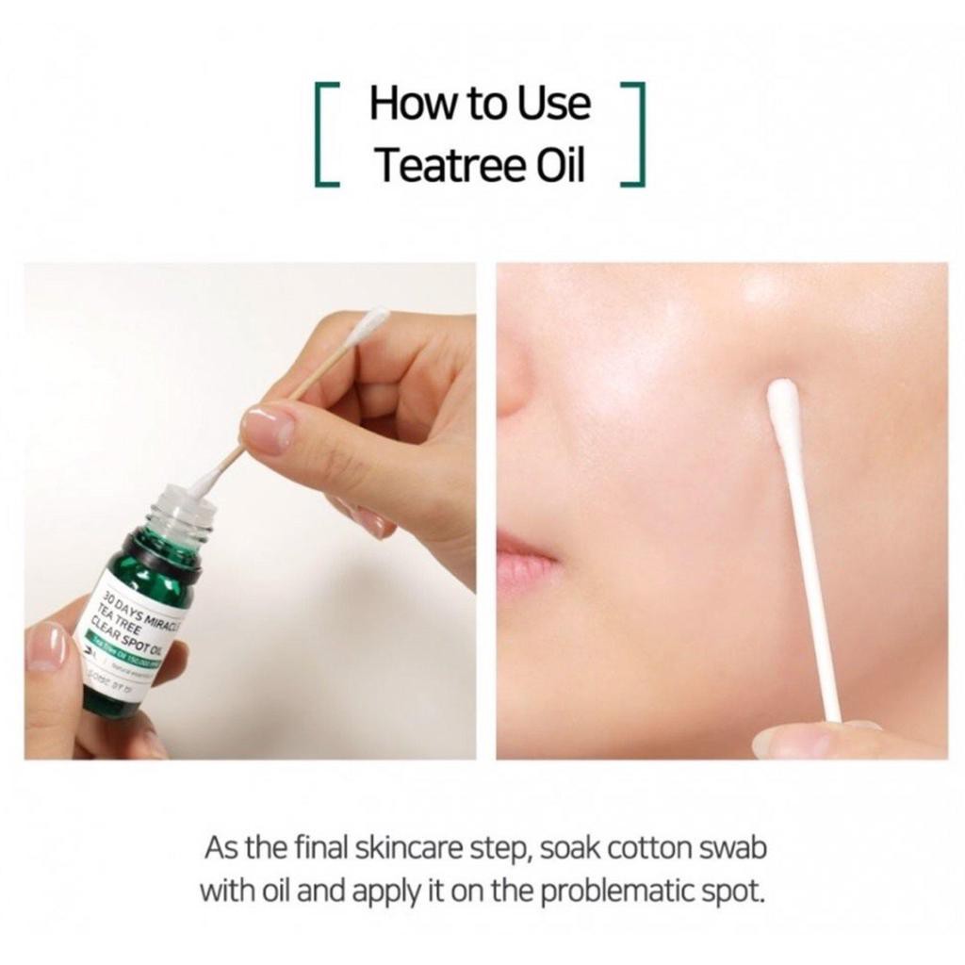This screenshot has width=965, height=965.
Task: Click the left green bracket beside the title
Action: (326, 135)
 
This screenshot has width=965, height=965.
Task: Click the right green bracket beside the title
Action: (633, 135)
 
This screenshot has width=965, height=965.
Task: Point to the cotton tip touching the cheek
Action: (783, 401)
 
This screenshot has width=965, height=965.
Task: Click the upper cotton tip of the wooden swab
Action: (370, 323)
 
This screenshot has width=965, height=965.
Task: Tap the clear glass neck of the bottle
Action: (185, 514)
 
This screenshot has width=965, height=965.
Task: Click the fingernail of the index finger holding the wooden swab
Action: (268, 428)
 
